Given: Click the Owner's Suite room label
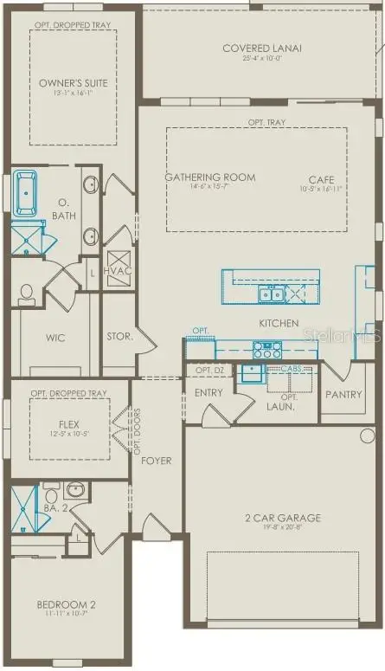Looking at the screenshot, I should pyautogui.click(x=73, y=83).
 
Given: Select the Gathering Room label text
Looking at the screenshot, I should pyautogui.click(x=210, y=177).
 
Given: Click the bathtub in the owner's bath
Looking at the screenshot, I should pyautogui.click(x=26, y=191).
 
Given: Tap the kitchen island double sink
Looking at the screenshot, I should pyautogui.click(x=270, y=294).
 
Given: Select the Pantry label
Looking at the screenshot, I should pyautogui.click(x=343, y=394).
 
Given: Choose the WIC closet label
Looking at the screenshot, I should pyautogui.click(x=55, y=338).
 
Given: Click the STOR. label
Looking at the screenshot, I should pyautogui.click(x=119, y=337).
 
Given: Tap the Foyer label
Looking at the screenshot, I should pyautogui.click(x=157, y=460).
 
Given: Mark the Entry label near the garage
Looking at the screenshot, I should pyautogui.click(x=209, y=392).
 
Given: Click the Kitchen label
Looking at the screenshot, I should pyautogui.click(x=279, y=323).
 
